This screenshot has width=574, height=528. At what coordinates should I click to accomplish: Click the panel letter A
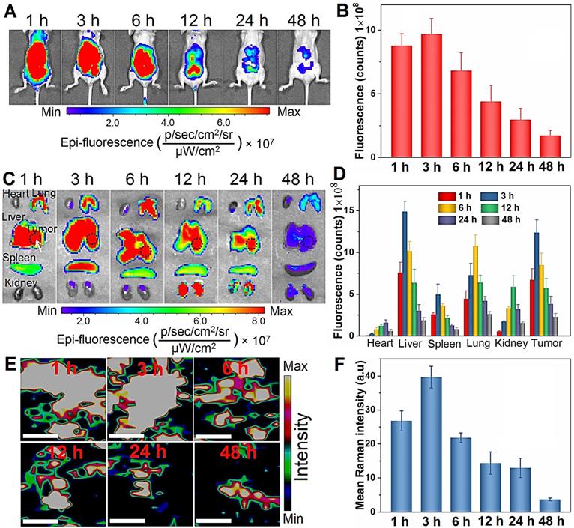click(10, 14)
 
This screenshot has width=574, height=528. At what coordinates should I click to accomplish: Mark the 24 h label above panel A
click(252, 14)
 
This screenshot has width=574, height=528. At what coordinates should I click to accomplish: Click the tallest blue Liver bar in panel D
click(405, 276)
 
